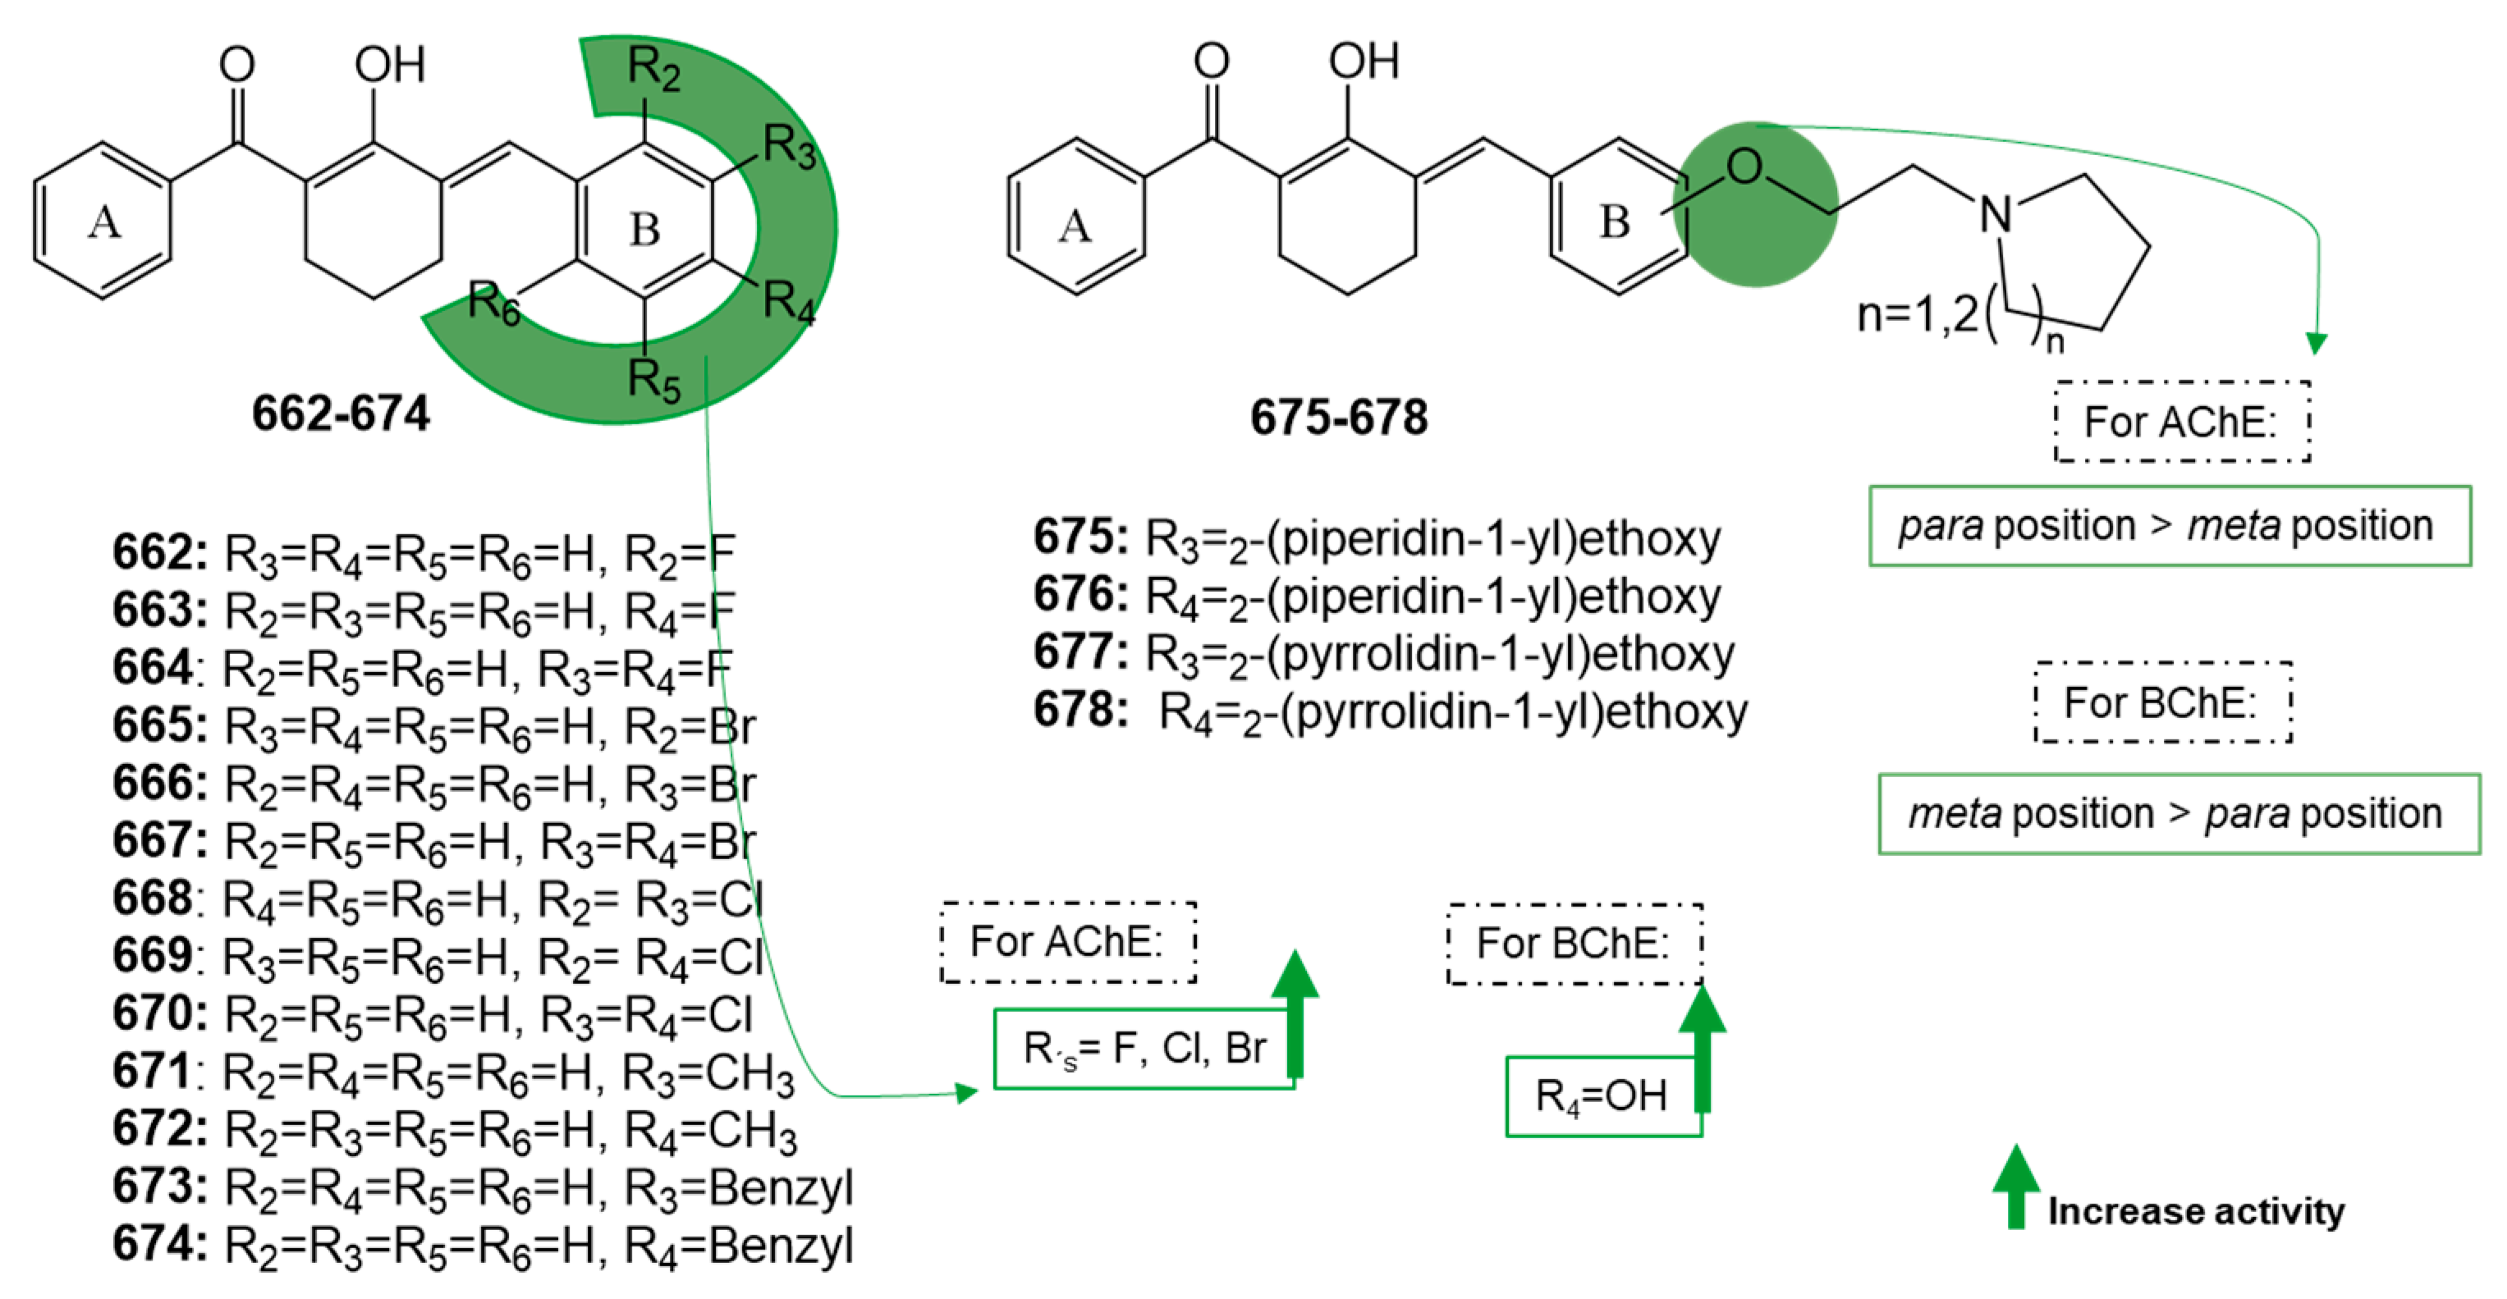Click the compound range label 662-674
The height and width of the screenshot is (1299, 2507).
click(341, 414)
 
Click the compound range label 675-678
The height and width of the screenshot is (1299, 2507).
click(1338, 418)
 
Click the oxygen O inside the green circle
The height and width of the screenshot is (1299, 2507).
click(1744, 167)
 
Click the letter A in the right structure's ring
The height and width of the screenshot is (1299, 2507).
click(1075, 226)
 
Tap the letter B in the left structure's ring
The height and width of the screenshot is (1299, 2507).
click(644, 231)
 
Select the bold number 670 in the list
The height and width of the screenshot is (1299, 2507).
click(158, 1014)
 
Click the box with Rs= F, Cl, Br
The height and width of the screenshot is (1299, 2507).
click(1144, 1049)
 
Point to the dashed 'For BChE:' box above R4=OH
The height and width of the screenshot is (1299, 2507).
click(1574, 944)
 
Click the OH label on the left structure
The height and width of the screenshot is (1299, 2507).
click(389, 66)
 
